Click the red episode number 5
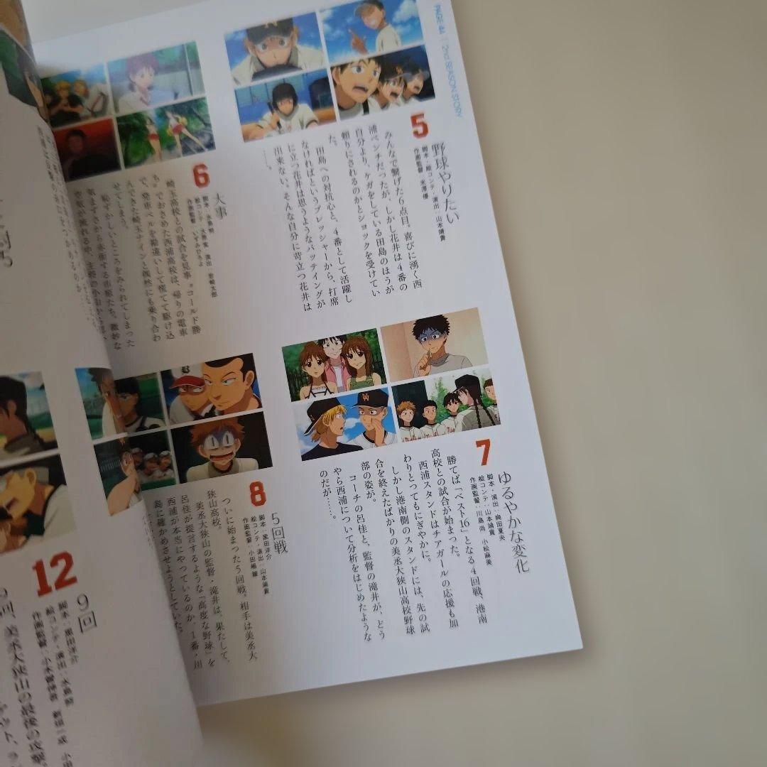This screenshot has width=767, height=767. coord(419,127)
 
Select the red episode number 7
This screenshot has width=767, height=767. coord(483,452)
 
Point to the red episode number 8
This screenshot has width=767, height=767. coord(257,493)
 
